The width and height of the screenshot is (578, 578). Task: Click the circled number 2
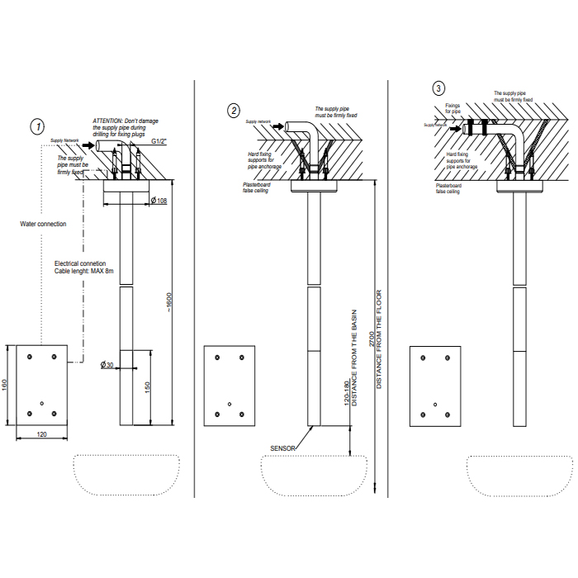tap(235, 110)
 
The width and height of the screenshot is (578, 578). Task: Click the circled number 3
tap(438, 88)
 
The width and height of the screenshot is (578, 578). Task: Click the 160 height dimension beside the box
tap(6, 386)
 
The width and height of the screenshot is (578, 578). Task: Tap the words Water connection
tap(44, 224)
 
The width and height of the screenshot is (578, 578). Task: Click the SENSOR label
tap(283, 448)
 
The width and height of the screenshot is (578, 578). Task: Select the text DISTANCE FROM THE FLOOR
tap(380, 339)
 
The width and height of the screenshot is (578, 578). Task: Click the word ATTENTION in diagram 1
tap(107, 121)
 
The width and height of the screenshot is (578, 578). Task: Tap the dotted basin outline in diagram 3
tap(519, 475)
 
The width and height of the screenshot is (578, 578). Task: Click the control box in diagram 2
tap(229, 386)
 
